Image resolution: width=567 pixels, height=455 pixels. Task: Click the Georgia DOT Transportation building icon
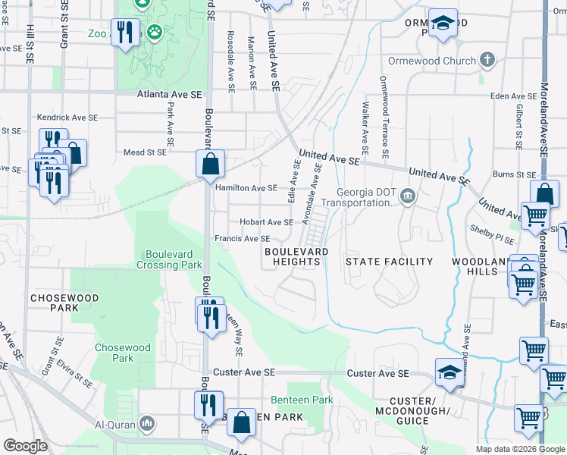(x=408, y=197)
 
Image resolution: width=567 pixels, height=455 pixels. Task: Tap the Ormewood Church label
(x=432, y=61)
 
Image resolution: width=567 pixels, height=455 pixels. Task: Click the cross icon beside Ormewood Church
(x=487, y=60)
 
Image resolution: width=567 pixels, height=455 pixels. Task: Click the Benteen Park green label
(x=302, y=400)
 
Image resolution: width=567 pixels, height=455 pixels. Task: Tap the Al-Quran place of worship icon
(x=148, y=422)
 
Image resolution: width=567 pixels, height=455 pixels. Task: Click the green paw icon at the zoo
(x=155, y=33)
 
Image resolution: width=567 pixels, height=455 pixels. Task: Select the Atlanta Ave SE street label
(x=169, y=95)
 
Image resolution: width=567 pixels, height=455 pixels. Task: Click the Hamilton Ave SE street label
(x=246, y=187)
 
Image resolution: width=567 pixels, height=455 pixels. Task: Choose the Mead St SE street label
(x=145, y=152)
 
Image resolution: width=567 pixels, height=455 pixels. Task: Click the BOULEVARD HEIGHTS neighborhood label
(x=296, y=256)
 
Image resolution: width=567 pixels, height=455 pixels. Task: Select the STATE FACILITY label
(x=389, y=262)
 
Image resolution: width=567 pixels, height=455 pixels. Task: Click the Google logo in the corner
(x=25, y=446)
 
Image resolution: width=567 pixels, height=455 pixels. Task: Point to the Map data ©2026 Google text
(x=520, y=448)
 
